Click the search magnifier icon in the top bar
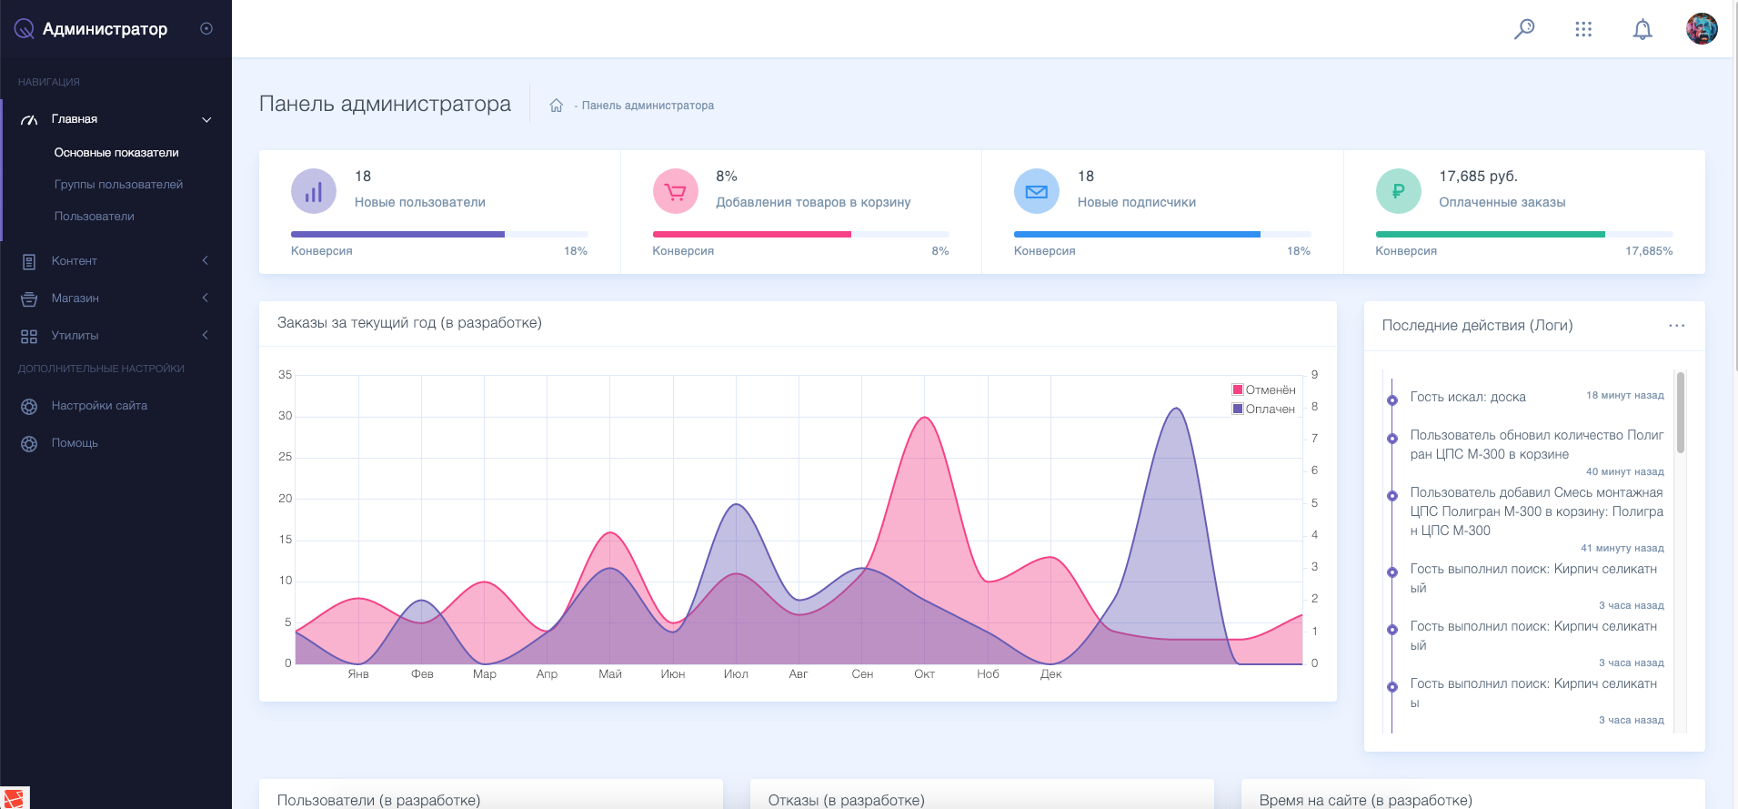click(x=1524, y=29)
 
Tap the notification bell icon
click(x=1643, y=29)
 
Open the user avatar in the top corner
click(x=1702, y=28)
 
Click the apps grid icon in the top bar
click(x=1583, y=29)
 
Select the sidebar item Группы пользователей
click(x=118, y=184)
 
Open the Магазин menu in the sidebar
click(x=75, y=298)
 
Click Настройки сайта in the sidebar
click(x=99, y=405)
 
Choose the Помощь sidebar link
click(x=75, y=442)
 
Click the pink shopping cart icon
click(x=675, y=191)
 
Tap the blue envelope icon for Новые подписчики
click(x=1037, y=191)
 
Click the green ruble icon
click(x=1398, y=191)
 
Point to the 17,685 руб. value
click(x=1478, y=176)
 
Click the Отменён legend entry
click(x=1264, y=389)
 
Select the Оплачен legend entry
click(x=1263, y=409)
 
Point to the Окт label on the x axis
click(x=924, y=673)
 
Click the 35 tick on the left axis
click(x=286, y=374)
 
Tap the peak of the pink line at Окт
click(x=925, y=417)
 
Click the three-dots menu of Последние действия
click(x=1676, y=325)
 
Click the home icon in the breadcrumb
click(x=556, y=106)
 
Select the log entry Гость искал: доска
click(x=1468, y=397)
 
